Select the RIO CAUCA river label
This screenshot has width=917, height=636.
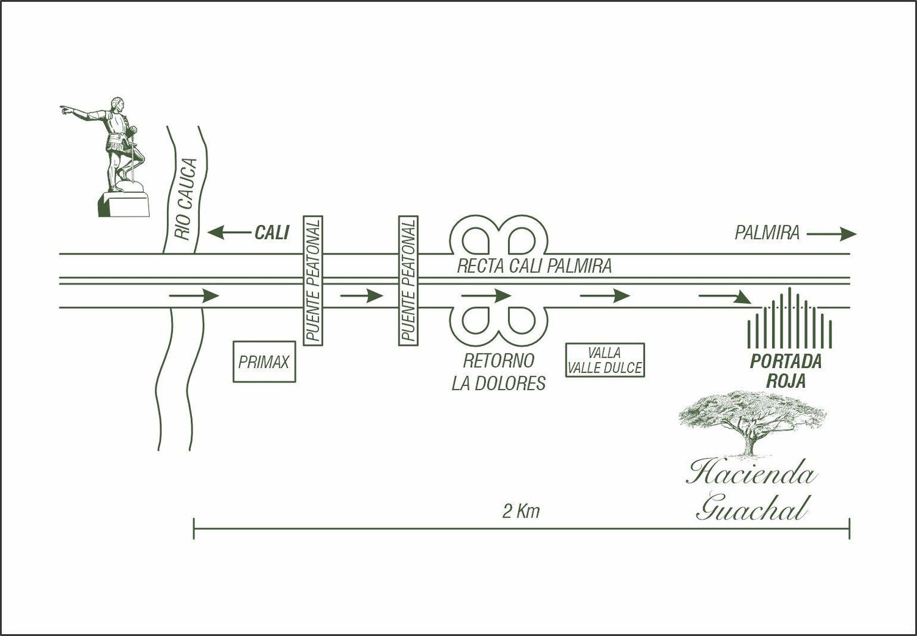[185, 199]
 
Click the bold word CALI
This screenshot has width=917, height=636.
[272, 232]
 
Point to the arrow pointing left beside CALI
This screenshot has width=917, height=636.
[229, 232]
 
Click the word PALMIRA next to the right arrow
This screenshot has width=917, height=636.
[767, 233]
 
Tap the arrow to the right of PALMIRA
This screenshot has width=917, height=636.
[831, 234]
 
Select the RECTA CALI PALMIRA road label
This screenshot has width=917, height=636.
[534, 266]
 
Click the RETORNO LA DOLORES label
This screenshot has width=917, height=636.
[499, 372]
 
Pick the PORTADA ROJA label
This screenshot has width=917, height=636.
[786, 371]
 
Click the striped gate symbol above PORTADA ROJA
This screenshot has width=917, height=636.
[789, 318]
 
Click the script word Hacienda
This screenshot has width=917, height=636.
[751, 474]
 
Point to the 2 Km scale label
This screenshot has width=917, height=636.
[521, 511]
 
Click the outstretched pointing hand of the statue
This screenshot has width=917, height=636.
[65, 109]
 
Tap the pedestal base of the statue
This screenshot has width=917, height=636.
[123, 204]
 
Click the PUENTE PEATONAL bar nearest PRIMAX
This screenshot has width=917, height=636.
[313, 281]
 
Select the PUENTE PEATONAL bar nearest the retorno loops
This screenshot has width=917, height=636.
[408, 281]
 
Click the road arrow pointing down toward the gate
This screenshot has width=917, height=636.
[724, 297]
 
